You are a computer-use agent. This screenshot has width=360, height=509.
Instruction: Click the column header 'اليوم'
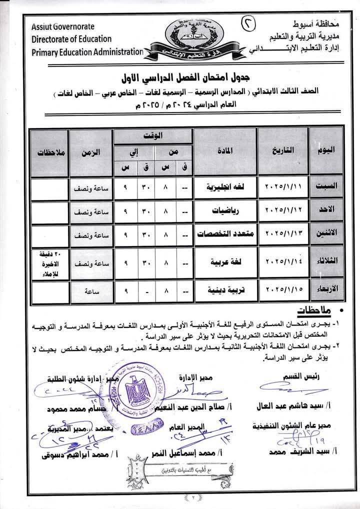[327, 150]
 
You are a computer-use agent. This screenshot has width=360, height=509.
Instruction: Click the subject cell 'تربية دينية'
[224, 289]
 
